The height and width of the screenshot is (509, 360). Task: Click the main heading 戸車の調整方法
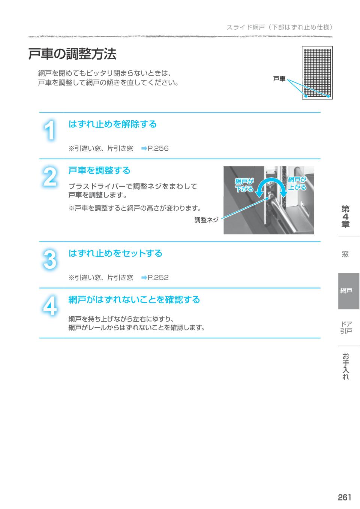point(72,54)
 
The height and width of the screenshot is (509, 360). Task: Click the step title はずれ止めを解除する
point(112,124)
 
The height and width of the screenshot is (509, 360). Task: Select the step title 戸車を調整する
point(99,171)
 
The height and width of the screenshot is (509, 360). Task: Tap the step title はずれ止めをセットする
point(115,253)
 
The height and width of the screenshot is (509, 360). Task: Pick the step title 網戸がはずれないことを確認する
point(134,300)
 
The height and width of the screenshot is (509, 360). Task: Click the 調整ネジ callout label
point(206,220)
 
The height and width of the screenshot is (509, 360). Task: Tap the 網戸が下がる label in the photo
point(244,186)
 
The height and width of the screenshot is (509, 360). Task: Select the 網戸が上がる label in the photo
point(297,184)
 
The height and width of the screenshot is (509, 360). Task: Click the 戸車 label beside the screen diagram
point(279,79)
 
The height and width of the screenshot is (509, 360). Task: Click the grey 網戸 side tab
point(346,291)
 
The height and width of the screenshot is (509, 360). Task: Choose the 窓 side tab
point(345,254)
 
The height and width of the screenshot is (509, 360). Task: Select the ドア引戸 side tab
point(346,327)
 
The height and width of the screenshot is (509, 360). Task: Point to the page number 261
point(344,497)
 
